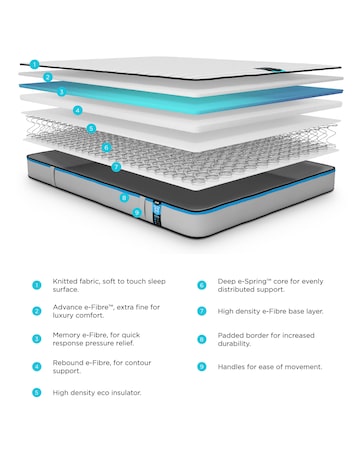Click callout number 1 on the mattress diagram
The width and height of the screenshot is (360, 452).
pos(34,64)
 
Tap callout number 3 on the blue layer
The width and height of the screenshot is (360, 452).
pos(62,92)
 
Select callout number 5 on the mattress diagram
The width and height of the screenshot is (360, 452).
pos(91,128)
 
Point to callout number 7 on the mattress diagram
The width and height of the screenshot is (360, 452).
pos(117,167)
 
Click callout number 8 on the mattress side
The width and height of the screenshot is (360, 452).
pos(124,198)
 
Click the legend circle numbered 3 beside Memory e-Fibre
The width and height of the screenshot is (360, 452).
pos(37,339)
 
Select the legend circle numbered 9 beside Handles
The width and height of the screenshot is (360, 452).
pos(202,367)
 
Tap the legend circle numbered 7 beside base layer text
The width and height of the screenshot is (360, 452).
pos(202,312)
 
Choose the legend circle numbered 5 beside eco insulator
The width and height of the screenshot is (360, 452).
pos(37,393)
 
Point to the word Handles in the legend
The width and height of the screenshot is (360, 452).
pos(234,367)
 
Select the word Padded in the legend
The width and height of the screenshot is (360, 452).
pos(232,336)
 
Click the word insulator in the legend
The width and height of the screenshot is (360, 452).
pos(124,393)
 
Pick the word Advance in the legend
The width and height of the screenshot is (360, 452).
pos(69,309)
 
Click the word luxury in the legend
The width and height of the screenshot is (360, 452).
pos(64,318)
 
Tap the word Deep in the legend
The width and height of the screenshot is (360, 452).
pos(228,283)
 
